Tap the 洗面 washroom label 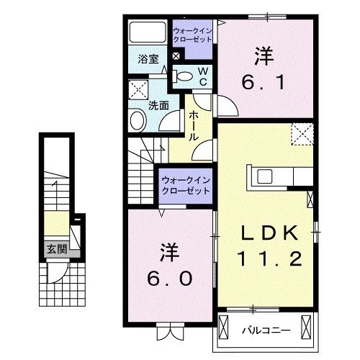tap(159, 104)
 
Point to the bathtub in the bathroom tap(147, 33)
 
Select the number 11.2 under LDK tap(270, 257)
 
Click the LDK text tap(271, 232)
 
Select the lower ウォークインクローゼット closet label tap(185, 185)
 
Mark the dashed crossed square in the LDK tap(301, 134)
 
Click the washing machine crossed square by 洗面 tap(137, 89)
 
